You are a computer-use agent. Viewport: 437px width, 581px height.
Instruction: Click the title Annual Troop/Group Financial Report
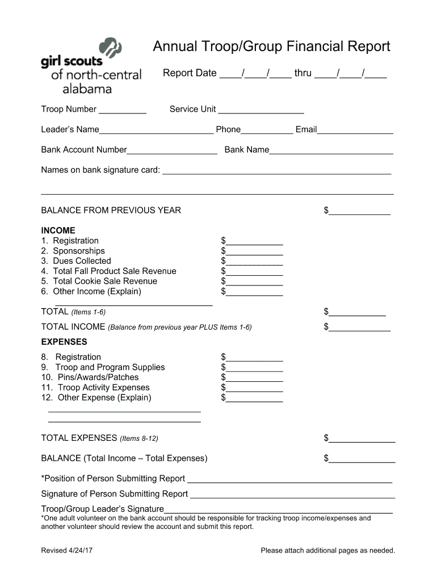pyautogui.click(x=271, y=47)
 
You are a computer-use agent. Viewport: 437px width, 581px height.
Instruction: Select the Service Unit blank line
pyautogui.click(x=260, y=110)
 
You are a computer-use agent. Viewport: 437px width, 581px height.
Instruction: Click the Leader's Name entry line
pyautogui.click(x=156, y=130)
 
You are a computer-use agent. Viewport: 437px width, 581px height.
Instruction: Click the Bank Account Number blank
pyautogui.click(x=172, y=150)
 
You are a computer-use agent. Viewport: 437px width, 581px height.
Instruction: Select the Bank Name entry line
pyautogui.click(x=331, y=150)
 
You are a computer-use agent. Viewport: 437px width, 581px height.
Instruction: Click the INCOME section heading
pyautogui.click(x=58, y=230)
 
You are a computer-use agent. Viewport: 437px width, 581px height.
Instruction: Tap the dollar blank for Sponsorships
pyautogui.click(x=254, y=251)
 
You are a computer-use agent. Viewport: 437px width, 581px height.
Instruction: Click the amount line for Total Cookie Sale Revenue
pyautogui.click(x=254, y=282)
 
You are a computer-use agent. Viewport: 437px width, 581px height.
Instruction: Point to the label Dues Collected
pyautogui.click(x=82, y=261)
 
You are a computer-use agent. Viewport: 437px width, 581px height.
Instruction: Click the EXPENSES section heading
pyautogui.click(x=64, y=342)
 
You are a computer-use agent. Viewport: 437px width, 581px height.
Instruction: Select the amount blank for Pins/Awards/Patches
pyautogui.click(x=254, y=378)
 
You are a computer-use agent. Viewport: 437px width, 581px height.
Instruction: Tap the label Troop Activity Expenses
pyautogui.click(x=103, y=388)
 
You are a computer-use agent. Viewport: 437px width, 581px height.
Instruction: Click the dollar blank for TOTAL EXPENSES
pyautogui.click(x=362, y=439)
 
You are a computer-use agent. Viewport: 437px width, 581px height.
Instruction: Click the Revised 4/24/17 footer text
pyautogui.click(x=66, y=550)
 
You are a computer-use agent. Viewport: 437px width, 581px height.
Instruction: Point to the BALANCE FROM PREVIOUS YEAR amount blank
pyautogui.click(x=359, y=211)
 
